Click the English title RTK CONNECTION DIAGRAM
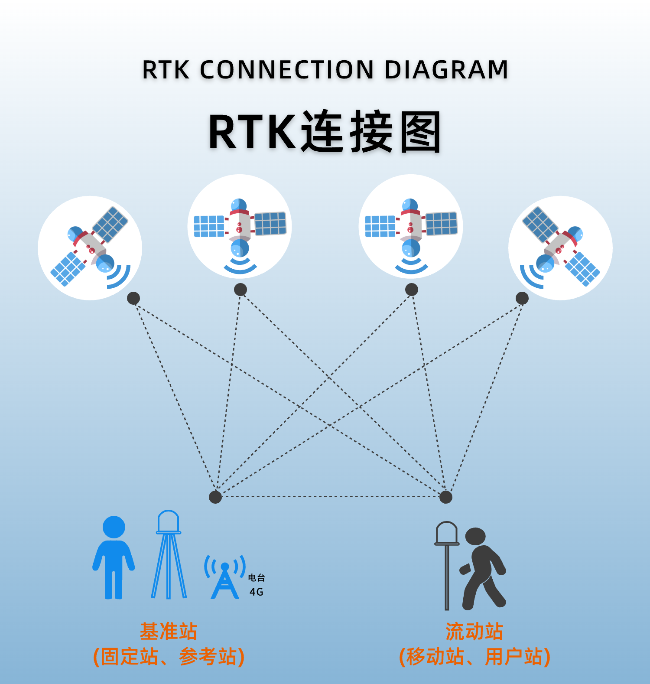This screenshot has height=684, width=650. tap(325, 70)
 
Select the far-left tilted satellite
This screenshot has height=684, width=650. tap(90, 248)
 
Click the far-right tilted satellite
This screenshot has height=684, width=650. tap(560, 248)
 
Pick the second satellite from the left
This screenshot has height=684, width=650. tap(240, 226)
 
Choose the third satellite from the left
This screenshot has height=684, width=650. tap(411, 226)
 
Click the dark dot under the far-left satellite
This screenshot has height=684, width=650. tap(133, 298)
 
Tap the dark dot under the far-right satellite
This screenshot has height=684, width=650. tap(522, 298)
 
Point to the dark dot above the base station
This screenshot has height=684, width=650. tap(215, 497)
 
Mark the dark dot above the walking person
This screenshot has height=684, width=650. tap(445, 497)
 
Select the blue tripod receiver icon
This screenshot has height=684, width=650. tap(169, 555)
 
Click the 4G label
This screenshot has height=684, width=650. tap(256, 592)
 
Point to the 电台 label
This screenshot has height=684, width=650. tap(256, 578)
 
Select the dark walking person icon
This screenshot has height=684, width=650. tap(482, 568)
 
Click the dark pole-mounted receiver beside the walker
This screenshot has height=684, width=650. tap(447, 563)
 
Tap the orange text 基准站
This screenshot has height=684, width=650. tap(169, 632)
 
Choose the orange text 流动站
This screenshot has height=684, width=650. tap(474, 632)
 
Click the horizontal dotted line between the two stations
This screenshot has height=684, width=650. tap(330, 497)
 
